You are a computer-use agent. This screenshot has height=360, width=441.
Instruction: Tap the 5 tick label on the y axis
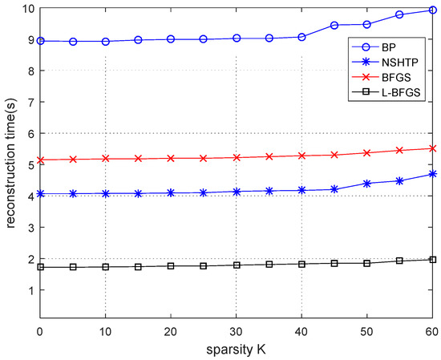coord(29,165)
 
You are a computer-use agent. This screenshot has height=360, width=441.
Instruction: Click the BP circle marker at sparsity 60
coord(433,10)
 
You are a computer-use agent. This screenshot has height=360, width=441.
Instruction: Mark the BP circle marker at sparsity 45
coord(334,26)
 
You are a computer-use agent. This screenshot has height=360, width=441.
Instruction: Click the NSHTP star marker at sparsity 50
coord(367,184)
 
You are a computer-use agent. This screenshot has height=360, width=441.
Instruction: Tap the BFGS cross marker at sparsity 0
coord(40,160)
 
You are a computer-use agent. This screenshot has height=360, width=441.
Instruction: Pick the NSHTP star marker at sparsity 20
coord(171,192)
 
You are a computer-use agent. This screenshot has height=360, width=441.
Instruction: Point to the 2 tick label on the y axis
coord(29,259)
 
